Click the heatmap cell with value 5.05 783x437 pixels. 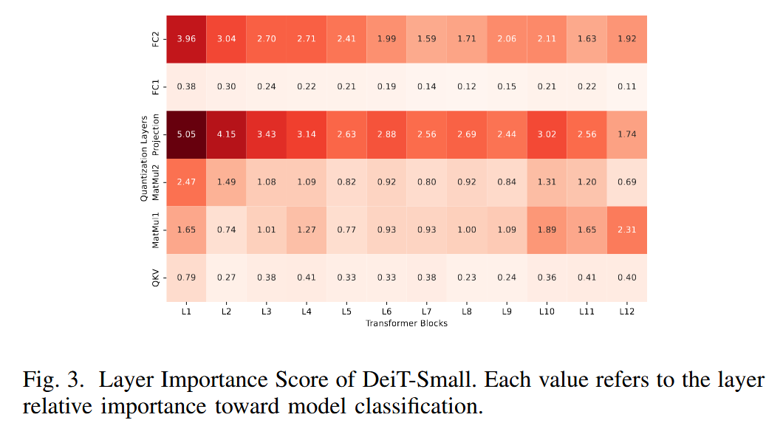point(185,134)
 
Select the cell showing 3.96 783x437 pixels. point(185,38)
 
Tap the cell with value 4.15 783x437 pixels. point(226,134)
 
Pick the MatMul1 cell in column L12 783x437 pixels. point(626,230)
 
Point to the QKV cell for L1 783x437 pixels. point(185,278)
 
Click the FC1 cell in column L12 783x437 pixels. point(626,86)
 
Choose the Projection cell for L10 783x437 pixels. point(547,134)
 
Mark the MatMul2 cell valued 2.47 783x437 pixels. point(185,182)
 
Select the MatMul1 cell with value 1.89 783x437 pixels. point(547,230)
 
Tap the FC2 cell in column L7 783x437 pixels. point(426,38)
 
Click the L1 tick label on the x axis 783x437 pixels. point(185,312)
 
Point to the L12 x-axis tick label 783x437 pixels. point(626,312)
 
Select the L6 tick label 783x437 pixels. point(386,312)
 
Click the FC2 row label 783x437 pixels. point(155,38)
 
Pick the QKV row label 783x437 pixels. point(155,278)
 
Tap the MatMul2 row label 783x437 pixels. point(155,182)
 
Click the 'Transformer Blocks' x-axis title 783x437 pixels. point(406,323)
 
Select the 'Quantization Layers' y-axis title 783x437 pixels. point(144,158)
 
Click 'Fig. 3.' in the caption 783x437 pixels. point(53,381)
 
